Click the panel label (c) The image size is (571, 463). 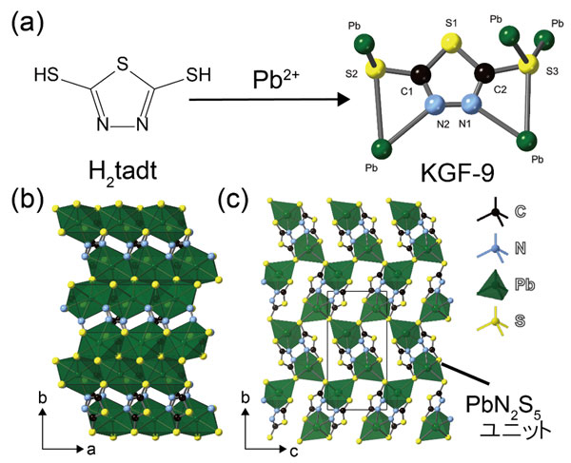(x=235, y=201)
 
